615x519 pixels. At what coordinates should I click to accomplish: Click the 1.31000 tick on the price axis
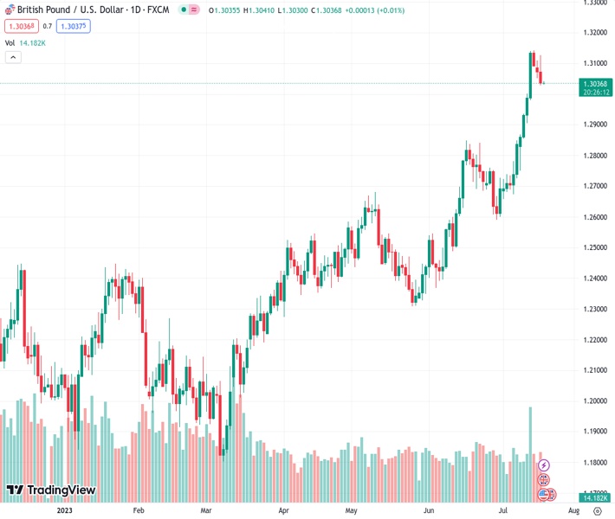pos(594,63)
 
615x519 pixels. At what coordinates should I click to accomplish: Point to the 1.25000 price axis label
pos(594,247)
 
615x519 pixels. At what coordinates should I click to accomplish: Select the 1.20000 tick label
pos(594,400)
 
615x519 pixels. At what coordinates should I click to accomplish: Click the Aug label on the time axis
pos(573,510)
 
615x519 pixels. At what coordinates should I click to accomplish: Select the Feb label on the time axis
pos(138,510)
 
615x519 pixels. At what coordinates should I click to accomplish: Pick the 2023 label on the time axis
pos(64,510)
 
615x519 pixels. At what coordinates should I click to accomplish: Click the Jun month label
pos(429,510)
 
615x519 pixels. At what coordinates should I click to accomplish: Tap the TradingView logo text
pos(61,490)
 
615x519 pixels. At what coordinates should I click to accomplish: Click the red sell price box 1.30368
pos(19,26)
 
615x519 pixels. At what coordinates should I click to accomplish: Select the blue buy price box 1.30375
pos(73,26)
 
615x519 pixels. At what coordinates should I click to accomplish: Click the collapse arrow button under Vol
pos(13,57)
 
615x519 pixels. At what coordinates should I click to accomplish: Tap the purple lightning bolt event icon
pos(544,465)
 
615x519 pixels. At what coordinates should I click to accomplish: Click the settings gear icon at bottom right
pos(597,510)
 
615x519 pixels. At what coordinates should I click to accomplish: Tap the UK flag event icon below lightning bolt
pos(544,479)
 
